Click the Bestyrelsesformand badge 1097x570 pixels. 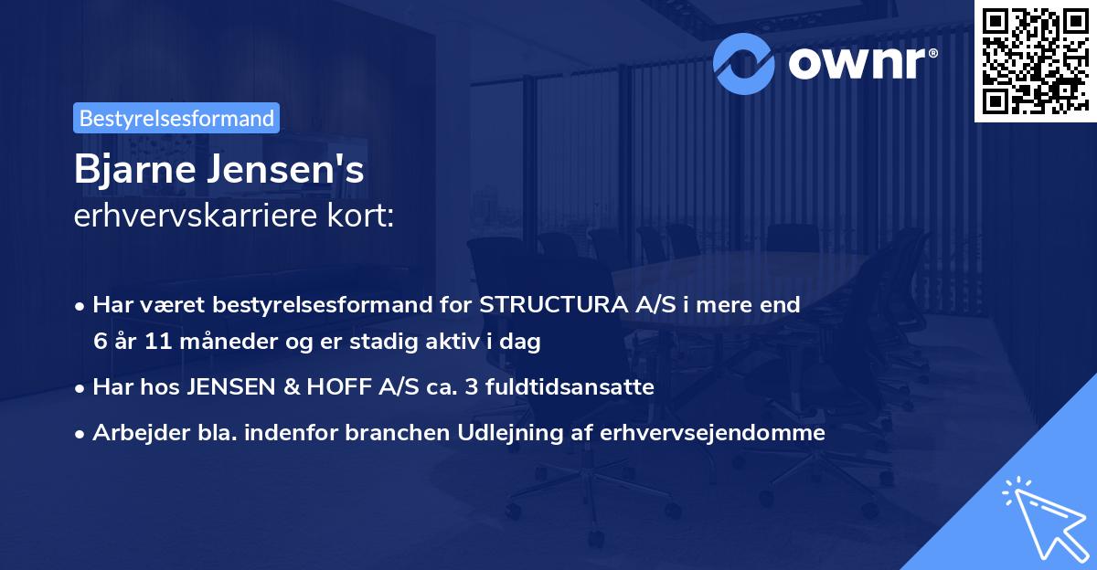pos(176,118)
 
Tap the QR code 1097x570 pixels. pos(1031,60)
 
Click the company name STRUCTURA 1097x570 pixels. pos(554,305)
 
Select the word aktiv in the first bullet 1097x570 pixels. pos(468,343)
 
